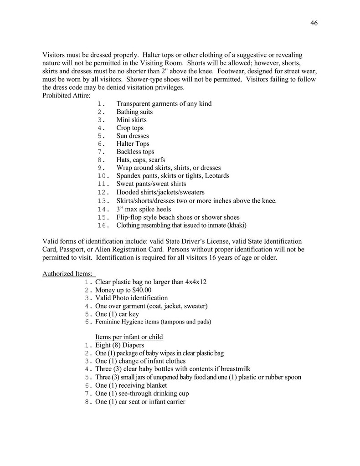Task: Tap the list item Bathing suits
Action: click(134, 112)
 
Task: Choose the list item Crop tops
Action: click(130, 128)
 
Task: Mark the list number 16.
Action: click(103, 225)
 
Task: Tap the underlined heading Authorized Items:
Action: click(67, 274)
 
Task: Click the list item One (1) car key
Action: click(117, 314)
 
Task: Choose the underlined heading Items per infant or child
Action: click(129, 337)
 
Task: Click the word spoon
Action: click(292, 377)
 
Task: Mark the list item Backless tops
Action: click(135, 152)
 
